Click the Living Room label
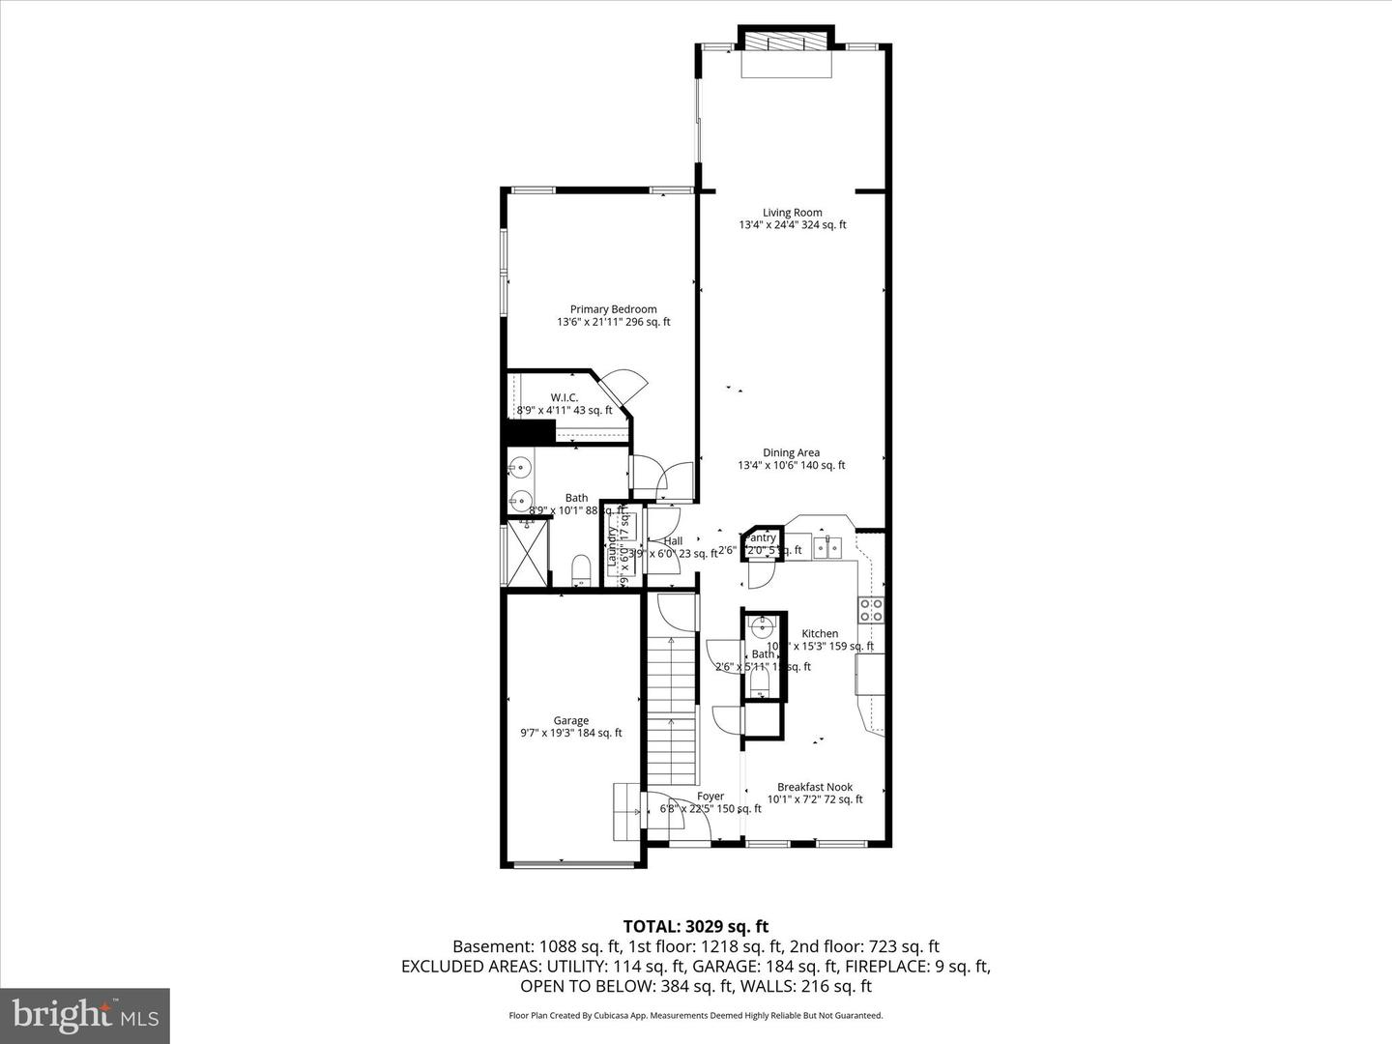pos(792,213)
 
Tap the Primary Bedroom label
pos(613,309)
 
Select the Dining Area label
pos(791,452)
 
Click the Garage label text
pos(570,720)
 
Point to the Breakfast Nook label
pos(815,787)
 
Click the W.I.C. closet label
pos(565,397)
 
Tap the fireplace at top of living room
pos(784,43)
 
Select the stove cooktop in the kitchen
pos(871,609)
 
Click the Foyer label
pos(710,797)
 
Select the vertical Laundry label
pos(612,546)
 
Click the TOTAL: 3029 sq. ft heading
pos(695,926)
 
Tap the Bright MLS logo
pos(85,1015)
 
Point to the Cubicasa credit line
pos(695,1015)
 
